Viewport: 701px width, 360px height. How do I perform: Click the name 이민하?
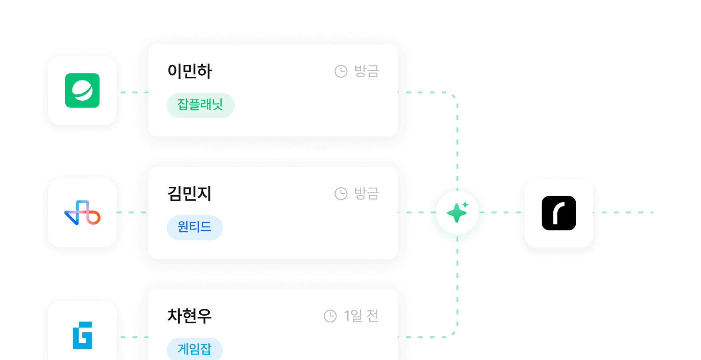190,71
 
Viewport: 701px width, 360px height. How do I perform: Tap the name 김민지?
190,194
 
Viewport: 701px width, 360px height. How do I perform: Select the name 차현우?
190,316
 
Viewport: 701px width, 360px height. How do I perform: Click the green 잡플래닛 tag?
200,105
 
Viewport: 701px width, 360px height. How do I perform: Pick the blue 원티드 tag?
195,228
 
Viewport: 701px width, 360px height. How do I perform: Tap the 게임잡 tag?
195,349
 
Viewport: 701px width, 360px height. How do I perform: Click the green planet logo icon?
82,90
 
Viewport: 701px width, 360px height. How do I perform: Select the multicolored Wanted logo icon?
82,213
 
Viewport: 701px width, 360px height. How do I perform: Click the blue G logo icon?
82,335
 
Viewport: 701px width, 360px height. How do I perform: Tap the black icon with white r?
559,213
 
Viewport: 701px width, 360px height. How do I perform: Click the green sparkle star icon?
457,212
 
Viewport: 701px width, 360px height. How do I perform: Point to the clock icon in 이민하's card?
341,71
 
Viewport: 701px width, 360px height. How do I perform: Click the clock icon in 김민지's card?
341,194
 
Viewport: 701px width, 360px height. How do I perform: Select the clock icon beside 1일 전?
330,316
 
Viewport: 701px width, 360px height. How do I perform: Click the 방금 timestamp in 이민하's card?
367,71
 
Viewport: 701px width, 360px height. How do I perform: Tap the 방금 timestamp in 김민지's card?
367,194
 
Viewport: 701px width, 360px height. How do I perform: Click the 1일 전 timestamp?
361,316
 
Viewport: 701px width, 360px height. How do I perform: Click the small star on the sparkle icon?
465,204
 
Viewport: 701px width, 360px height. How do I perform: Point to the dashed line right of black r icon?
623,212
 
